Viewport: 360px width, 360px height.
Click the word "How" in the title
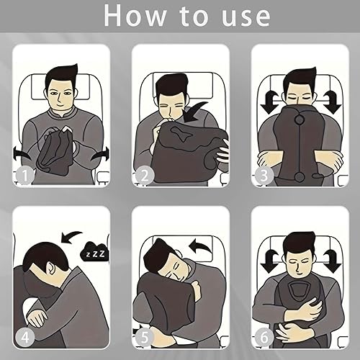point(135,16)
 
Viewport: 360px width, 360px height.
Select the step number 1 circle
point(24,176)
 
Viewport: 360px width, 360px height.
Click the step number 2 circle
point(144,176)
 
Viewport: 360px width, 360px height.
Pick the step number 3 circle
point(264,176)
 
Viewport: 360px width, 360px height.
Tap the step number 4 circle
point(24,338)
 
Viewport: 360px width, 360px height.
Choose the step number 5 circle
point(144,338)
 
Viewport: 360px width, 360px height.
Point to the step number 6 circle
point(264,338)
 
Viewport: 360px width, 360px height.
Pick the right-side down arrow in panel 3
point(332,102)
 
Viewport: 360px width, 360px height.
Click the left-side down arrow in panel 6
point(269,261)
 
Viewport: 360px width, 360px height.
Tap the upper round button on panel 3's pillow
point(299,119)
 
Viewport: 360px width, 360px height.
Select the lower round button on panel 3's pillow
point(300,176)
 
